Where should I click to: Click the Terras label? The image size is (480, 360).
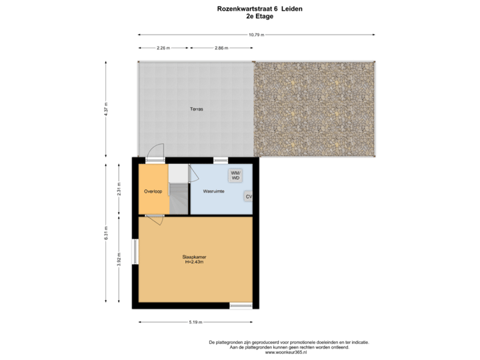point(196,109)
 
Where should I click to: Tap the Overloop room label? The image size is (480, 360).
point(153,191)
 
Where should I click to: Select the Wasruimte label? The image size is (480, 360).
point(213,191)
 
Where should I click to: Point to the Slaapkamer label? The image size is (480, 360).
point(195,257)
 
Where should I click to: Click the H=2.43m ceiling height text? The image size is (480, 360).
point(195,262)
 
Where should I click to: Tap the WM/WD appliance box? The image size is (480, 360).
point(236,175)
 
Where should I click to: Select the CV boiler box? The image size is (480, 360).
point(248,197)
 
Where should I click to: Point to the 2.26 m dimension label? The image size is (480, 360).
point(163,48)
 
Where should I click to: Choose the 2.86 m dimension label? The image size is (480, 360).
point(221,48)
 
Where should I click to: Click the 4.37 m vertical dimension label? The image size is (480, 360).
point(105,109)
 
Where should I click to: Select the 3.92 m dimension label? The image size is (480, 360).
point(119,258)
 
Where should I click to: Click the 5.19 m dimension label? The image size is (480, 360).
point(195,322)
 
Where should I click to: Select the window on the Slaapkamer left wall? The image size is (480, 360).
point(135,251)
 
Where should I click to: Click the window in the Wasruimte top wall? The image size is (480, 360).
point(219,160)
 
